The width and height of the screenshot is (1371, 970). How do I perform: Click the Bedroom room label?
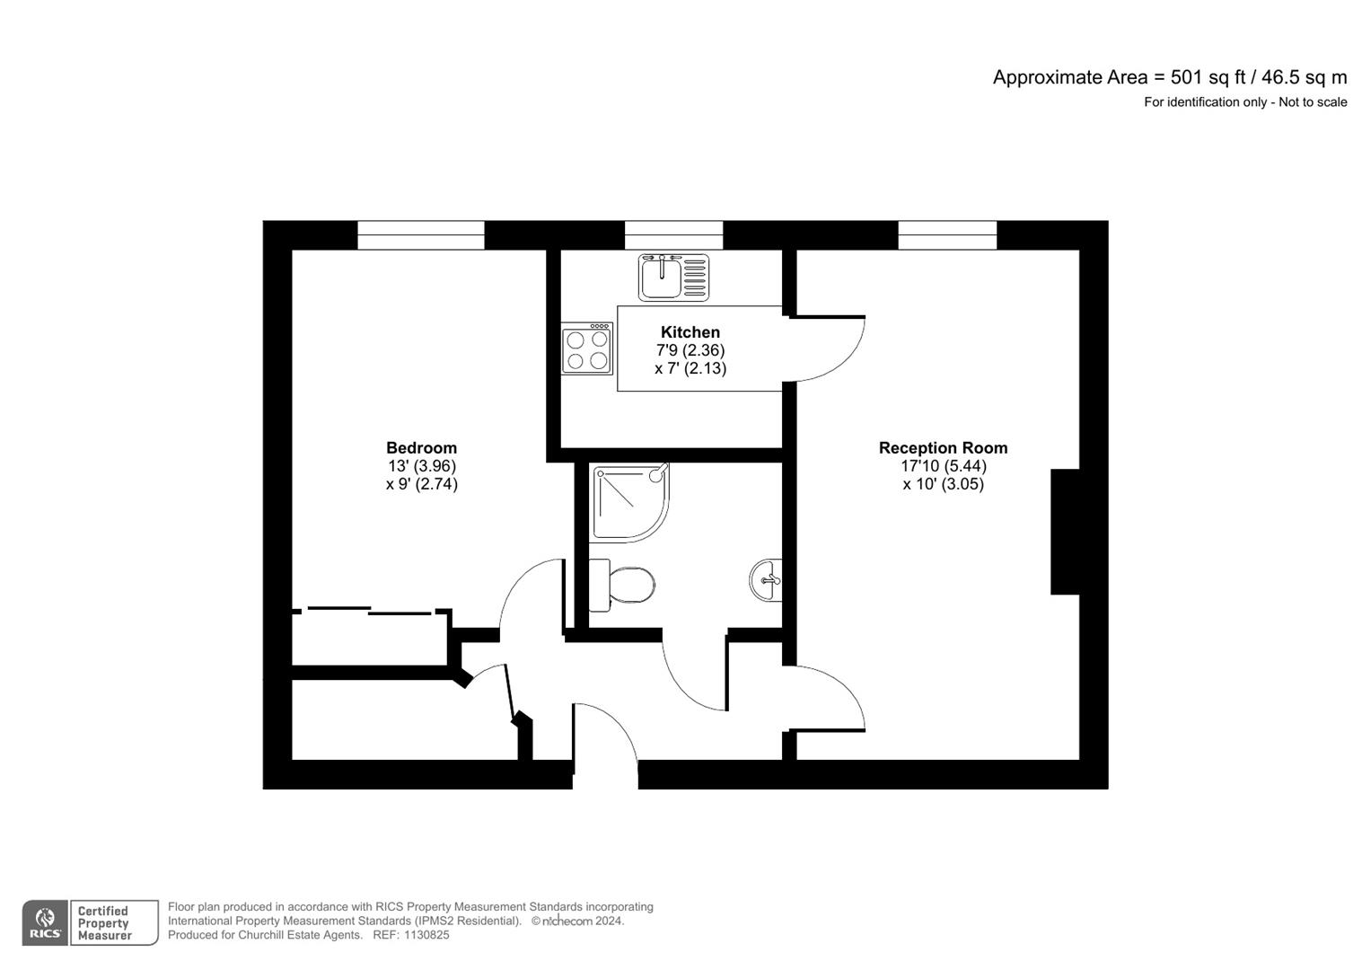click(x=421, y=447)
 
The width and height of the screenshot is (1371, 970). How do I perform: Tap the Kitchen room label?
click(x=690, y=332)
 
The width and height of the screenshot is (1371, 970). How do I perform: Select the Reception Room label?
click(x=943, y=447)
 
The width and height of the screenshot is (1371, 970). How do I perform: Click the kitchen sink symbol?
click(x=673, y=277)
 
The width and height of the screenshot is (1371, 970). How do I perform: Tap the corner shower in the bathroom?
click(x=627, y=501)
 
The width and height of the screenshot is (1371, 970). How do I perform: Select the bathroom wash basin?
click(x=767, y=580)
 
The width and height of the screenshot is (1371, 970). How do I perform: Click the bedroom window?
click(x=420, y=235)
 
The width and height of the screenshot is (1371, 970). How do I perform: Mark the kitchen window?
click(x=673, y=235)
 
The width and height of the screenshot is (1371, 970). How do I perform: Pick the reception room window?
click(x=947, y=235)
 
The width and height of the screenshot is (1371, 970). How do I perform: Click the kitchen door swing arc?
click(x=835, y=350)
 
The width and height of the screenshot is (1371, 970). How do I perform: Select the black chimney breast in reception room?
click(x=1065, y=532)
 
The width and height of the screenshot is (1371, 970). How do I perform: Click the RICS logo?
click(x=45, y=922)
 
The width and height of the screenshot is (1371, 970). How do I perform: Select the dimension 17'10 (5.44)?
click(x=943, y=466)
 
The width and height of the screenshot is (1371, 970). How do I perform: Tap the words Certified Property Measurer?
click(x=104, y=923)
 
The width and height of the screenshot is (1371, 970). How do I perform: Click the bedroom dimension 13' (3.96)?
click(x=421, y=466)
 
